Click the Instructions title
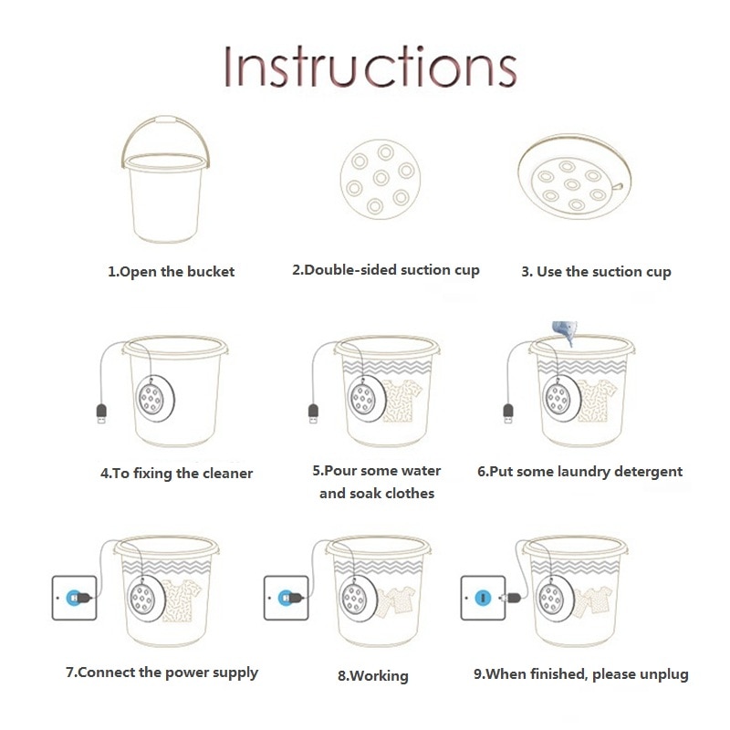point(370,66)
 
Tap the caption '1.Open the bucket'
point(172,272)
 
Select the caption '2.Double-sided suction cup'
point(386,270)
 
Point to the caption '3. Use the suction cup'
point(597,272)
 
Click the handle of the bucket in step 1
point(166,120)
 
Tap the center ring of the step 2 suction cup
point(381,177)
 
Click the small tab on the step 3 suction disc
point(618,187)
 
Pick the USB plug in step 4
point(101,414)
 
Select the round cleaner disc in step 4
point(155,399)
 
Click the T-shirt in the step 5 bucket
point(402,401)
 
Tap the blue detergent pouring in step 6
point(565,332)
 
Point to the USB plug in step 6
point(508,414)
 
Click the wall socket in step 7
point(75,598)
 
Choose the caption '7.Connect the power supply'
point(162,673)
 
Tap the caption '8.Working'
point(373,676)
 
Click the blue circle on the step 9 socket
point(484,598)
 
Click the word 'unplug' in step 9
point(663,674)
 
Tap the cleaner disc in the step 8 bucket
point(356,600)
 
